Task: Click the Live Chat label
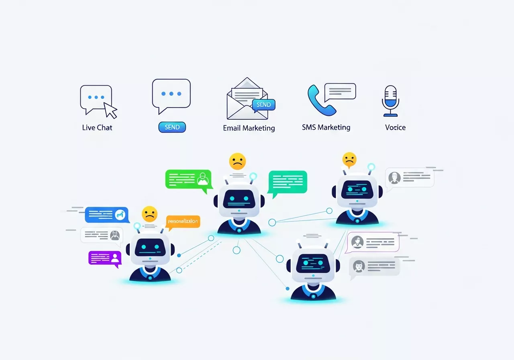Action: pyautogui.click(x=97, y=128)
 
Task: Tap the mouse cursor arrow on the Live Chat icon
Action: pyautogui.click(x=110, y=110)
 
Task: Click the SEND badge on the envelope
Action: pyautogui.click(x=264, y=104)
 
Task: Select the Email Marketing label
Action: pyautogui.click(x=249, y=128)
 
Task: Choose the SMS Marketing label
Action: pyautogui.click(x=326, y=127)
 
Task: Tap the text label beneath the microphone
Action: pyautogui.click(x=396, y=128)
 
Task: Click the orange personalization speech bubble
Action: pyautogui.click(x=183, y=222)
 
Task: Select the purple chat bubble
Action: pyautogui.click(x=105, y=258)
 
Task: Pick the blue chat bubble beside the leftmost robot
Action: pyautogui.click(x=107, y=215)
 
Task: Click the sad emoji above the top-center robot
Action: pyautogui.click(x=237, y=161)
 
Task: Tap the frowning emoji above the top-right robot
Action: pyautogui.click(x=349, y=160)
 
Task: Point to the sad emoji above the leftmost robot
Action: pyautogui.click(x=149, y=214)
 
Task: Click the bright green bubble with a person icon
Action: pyautogui.click(x=188, y=179)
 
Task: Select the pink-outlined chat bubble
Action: pyautogui.click(x=373, y=242)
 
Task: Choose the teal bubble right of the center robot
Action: pyautogui.click(x=288, y=182)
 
